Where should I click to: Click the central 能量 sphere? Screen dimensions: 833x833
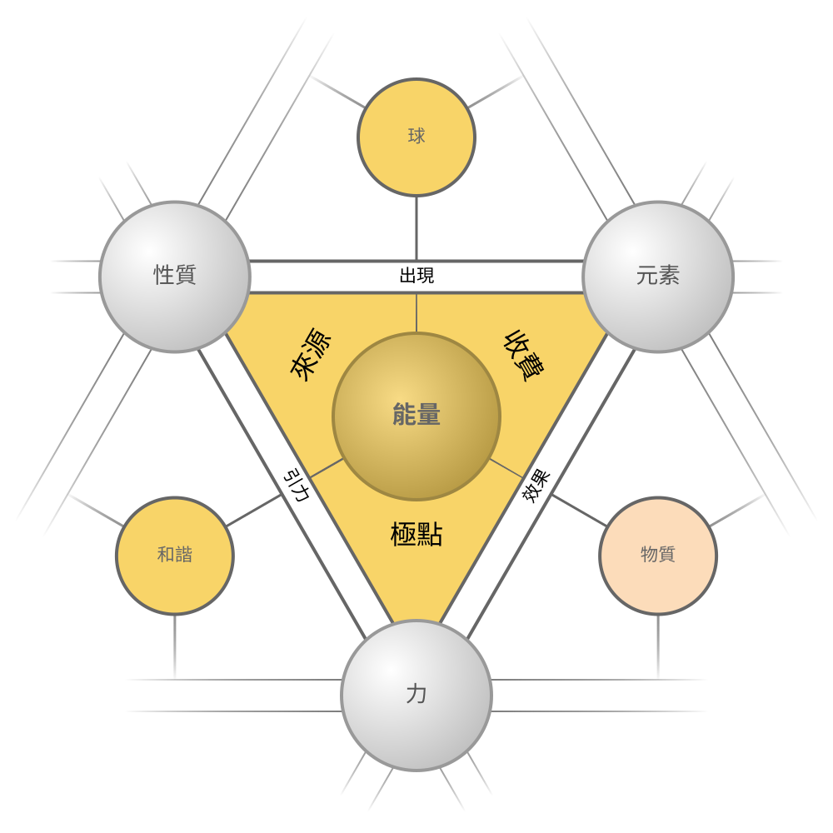[x=416, y=416]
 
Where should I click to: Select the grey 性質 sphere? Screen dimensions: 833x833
[x=175, y=277]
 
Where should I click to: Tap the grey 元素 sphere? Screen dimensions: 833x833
[x=658, y=277]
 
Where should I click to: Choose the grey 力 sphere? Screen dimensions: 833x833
[x=416, y=696]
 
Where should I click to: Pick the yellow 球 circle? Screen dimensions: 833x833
[x=416, y=137]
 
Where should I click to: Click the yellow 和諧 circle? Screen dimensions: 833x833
[x=175, y=556]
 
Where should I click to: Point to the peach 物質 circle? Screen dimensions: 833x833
[x=658, y=556]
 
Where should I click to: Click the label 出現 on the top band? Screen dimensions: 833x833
[x=416, y=276]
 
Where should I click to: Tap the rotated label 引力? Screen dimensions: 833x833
[x=297, y=485]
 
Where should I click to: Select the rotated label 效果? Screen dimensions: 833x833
[x=536, y=486]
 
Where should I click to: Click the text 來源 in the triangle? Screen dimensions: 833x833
[x=311, y=355]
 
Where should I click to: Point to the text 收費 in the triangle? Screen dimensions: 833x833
[x=523, y=355]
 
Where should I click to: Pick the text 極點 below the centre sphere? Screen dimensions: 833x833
[x=416, y=534]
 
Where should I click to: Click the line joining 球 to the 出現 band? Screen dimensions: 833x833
[x=416, y=229]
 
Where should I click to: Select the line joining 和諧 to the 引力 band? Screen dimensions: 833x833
[x=254, y=511]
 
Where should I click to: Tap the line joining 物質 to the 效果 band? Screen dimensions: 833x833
[x=579, y=511]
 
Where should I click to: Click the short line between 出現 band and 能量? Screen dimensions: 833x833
[x=416, y=313]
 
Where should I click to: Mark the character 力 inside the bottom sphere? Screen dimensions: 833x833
[x=416, y=695]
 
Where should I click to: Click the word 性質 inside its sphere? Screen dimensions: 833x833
[x=175, y=275]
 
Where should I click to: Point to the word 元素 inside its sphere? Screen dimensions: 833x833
[x=658, y=275]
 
